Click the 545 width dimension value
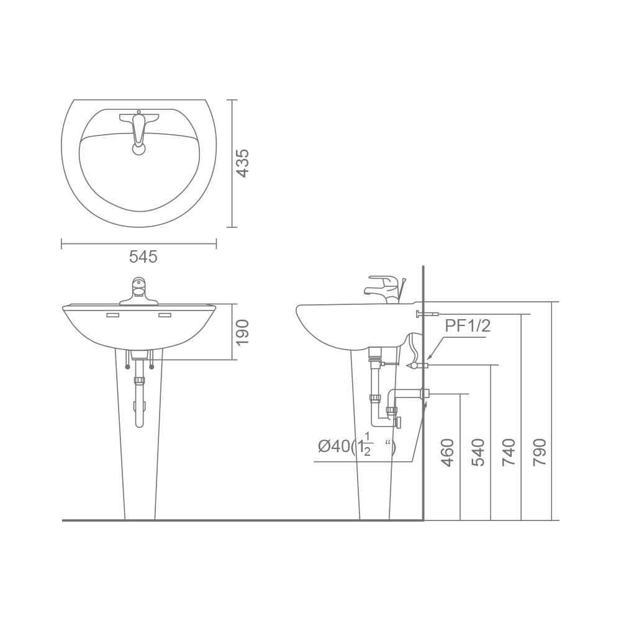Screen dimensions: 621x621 (x=143, y=257)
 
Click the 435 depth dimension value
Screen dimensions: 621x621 (x=242, y=163)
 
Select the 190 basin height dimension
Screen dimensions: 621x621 (x=242, y=332)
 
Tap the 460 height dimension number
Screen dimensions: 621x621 (x=446, y=452)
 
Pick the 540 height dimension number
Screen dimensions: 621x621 (x=478, y=452)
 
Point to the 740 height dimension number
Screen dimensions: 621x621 (x=509, y=452)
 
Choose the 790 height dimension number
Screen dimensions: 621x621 (x=540, y=452)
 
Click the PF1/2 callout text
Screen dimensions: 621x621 (x=468, y=326)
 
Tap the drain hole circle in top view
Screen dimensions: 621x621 (x=138, y=150)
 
